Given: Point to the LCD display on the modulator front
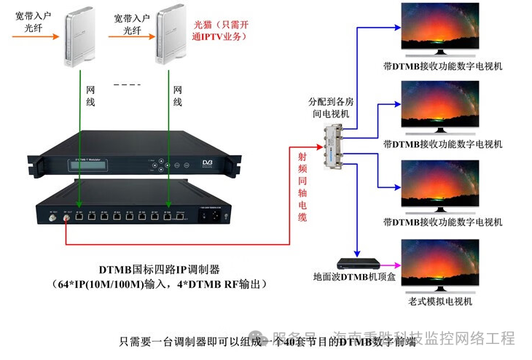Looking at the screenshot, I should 91,165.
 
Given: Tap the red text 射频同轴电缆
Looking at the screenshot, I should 302,187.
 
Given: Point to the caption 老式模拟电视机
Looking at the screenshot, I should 440,301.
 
